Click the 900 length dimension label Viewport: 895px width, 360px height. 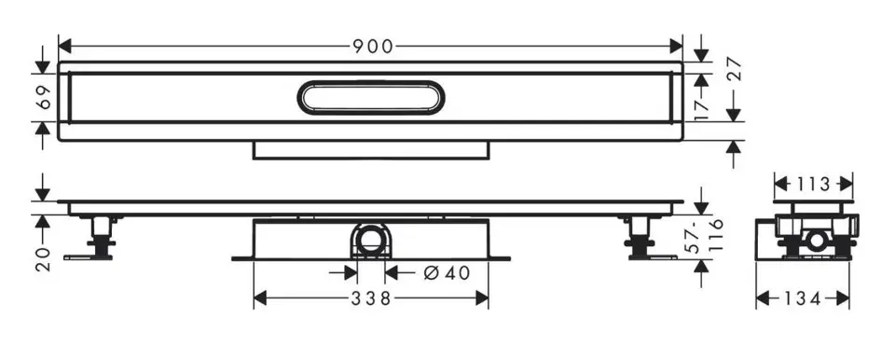(x=373, y=47)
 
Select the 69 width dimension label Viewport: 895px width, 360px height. (x=44, y=98)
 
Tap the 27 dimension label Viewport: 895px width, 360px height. (x=734, y=69)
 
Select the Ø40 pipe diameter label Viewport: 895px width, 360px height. (x=447, y=273)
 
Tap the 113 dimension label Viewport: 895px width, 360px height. (x=813, y=184)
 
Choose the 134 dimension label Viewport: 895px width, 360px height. (x=802, y=298)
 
